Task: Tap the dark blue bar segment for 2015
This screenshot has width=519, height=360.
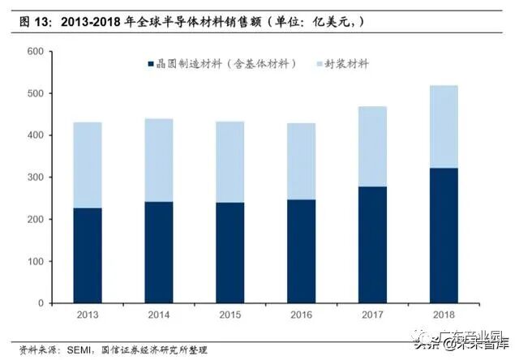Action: pos(229,252)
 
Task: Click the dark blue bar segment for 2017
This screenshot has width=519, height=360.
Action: pos(372,245)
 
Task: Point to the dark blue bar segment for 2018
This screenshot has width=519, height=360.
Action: pos(443,235)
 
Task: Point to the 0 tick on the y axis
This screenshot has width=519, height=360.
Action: pos(40,303)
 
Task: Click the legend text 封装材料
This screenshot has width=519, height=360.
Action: pos(347,63)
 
